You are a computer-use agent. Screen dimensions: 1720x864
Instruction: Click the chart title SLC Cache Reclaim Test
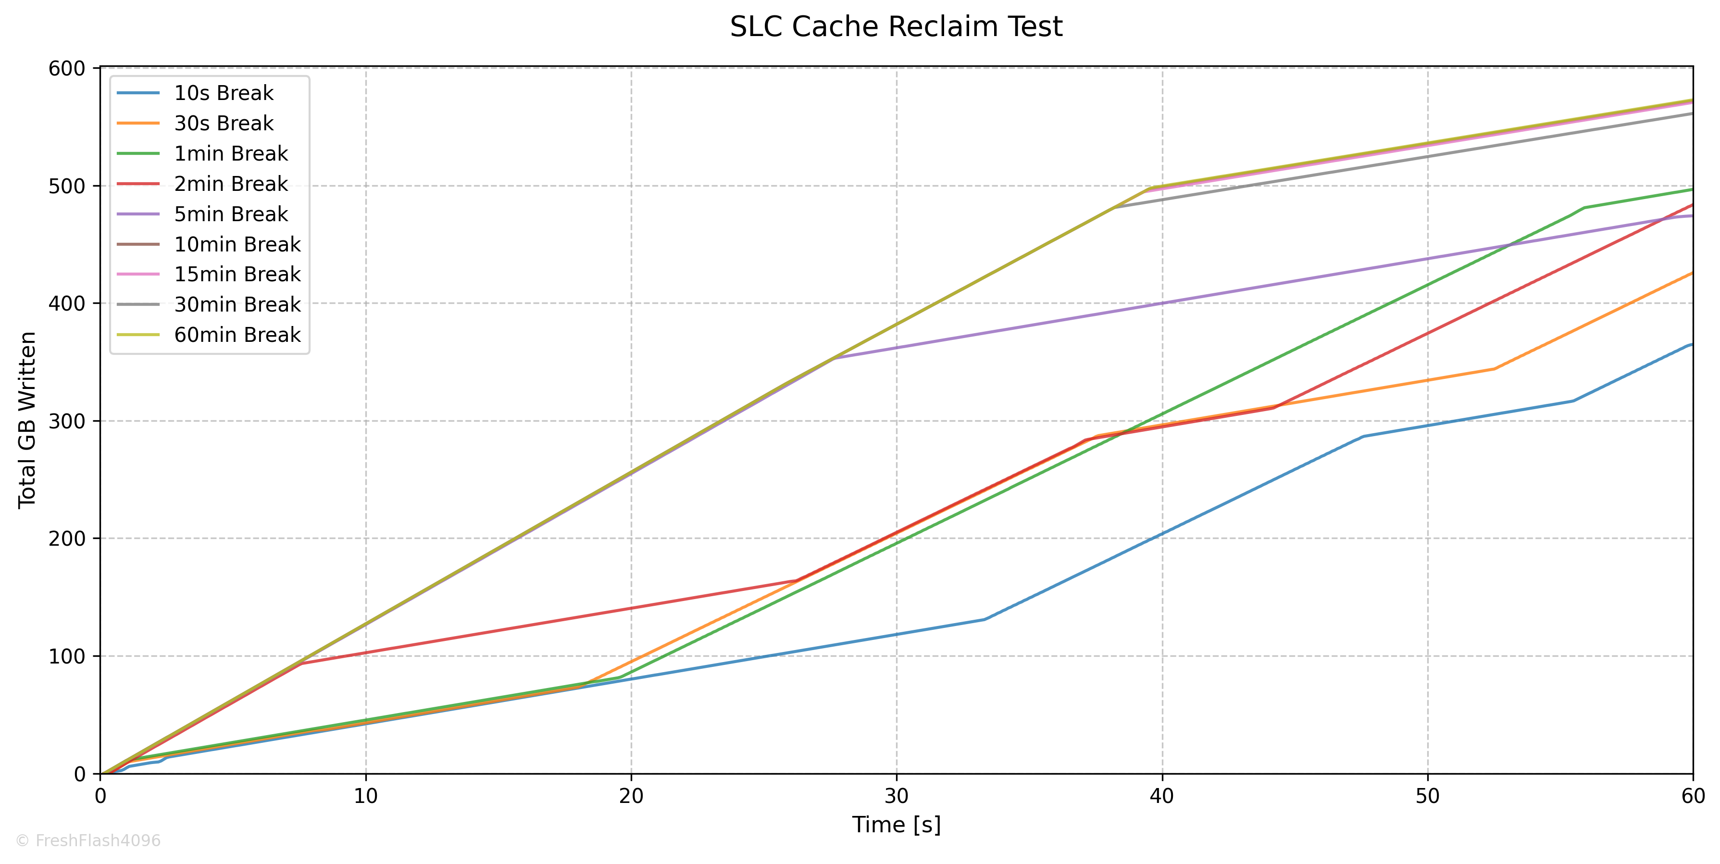pyautogui.click(x=896, y=27)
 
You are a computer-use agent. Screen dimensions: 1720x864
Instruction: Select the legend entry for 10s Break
pyautogui.click(x=224, y=93)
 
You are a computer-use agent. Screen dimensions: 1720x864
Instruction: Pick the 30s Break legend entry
pyautogui.click(x=224, y=123)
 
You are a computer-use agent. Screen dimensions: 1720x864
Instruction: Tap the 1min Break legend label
pyautogui.click(x=231, y=153)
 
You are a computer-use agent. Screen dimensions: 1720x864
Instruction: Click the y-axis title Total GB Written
pyautogui.click(x=27, y=421)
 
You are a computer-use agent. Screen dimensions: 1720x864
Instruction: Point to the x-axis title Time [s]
pyautogui.click(x=896, y=825)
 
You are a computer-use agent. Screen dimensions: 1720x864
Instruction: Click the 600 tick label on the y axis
pyautogui.click(x=67, y=68)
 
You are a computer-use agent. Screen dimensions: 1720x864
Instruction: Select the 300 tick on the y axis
pyautogui.click(x=67, y=421)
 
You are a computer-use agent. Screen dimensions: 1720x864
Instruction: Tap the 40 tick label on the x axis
pyautogui.click(x=1162, y=795)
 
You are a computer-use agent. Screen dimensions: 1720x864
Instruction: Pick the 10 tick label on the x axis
pyautogui.click(x=365, y=795)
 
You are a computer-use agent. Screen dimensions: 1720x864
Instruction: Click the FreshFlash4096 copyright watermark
pyautogui.click(x=88, y=840)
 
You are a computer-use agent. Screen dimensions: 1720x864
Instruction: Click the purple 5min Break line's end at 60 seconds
pyautogui.click(x=1693, y=216)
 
